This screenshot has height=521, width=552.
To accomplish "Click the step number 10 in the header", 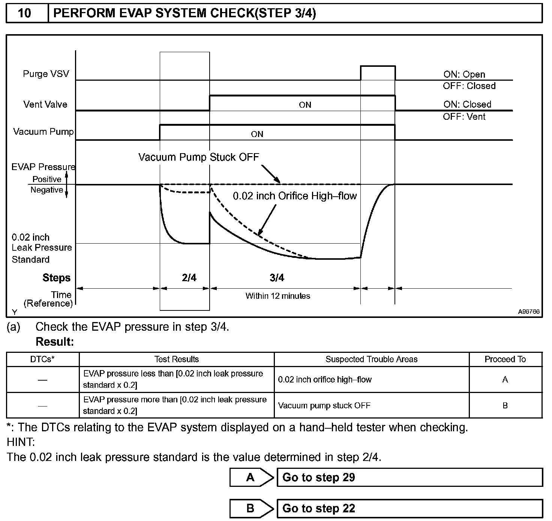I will coord(25,14).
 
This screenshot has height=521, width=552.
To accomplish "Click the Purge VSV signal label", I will coord(46,74).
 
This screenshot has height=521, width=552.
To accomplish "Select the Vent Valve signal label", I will coord(45,104).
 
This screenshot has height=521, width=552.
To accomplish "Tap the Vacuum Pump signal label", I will coord(43,132).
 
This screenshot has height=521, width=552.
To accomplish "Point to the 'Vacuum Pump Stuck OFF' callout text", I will coord(199,157).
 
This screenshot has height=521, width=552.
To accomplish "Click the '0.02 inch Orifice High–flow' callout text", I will coord(295,196).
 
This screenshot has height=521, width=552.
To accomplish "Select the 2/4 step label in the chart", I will coord(189,278).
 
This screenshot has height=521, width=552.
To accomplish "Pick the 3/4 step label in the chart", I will coord(277,278).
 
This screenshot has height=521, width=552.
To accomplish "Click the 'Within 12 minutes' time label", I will coord(278,296).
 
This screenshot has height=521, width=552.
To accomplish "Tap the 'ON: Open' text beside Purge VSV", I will coord(464,74).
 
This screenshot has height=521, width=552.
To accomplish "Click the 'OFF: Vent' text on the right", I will coord(464,117).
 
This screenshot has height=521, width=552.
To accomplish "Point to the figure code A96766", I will coord(529,312).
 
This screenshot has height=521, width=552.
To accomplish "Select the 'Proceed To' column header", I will coord(505,359).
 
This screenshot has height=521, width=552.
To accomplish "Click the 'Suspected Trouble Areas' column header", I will coord(371,359).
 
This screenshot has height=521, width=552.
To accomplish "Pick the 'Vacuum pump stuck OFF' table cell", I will coord(324,405).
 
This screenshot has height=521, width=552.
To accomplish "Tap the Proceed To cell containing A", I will coord(505,379).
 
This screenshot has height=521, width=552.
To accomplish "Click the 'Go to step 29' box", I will coord(409,477).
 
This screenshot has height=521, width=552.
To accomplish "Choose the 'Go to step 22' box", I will coord(409,509).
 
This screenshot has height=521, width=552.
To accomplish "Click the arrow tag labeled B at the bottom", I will coord(251,509).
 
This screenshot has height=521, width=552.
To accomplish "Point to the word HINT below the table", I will coord(21,442).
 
